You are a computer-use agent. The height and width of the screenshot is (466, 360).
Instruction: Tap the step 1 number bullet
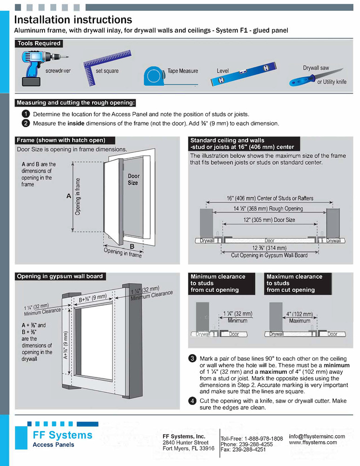coord(26,114)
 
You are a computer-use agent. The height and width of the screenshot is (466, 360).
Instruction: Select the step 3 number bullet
coord(192,358)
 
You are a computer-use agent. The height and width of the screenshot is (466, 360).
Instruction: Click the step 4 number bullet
coord(192,401)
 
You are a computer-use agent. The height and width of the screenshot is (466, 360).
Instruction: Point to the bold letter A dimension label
coord(68,197)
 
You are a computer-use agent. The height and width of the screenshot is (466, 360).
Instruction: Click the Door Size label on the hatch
coord(133,179)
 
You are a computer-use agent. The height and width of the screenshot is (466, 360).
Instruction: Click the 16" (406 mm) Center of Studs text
coord(270,199)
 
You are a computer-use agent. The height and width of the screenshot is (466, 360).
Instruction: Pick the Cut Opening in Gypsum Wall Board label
coord(269,255)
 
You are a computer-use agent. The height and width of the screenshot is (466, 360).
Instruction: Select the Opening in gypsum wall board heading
coord(60,276)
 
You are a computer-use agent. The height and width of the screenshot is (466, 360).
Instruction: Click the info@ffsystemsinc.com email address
coord(317,436)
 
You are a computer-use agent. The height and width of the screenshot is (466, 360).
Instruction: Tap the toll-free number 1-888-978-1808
coord(264,439)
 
